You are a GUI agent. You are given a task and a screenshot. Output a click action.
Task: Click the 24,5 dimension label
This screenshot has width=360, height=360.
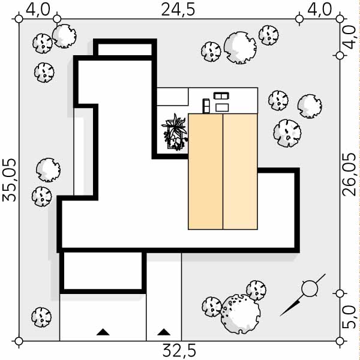click(x=178, y=10)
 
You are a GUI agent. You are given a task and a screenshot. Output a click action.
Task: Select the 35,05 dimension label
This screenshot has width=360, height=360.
click(x=10, y=180)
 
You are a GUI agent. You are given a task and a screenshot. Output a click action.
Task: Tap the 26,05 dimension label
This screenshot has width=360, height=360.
click(x=349, y=175)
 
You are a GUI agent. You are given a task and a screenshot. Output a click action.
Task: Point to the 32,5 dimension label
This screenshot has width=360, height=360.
click(x=179, y=350)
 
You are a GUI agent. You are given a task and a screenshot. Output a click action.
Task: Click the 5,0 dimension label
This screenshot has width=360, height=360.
click(x=349, y=317)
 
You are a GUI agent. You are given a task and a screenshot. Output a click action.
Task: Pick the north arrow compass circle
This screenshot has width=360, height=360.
click(x=310, y=289)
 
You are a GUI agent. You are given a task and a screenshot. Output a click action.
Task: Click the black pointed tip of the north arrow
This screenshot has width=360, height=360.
click(x=281, y=316)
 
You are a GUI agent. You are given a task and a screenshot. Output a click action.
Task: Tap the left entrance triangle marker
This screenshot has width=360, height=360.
click(x=103, y=332)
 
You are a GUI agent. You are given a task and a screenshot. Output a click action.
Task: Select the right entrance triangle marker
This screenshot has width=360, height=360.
click(x=164, y=332)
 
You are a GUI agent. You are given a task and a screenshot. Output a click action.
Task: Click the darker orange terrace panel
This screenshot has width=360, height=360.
click(x=205, y=172)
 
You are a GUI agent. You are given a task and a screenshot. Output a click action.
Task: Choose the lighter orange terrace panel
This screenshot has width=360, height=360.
click(x=240, y=172)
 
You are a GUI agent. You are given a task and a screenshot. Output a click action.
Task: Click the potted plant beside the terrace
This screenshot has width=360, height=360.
click(x=175, y=133)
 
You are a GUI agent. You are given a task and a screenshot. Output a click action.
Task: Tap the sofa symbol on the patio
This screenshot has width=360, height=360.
click(x=221, y=96)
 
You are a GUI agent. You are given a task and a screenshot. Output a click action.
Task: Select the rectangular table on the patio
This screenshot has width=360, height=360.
click(x=222, y=107)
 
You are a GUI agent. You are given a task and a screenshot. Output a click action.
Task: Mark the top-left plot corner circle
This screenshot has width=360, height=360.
click(x=19, y=19)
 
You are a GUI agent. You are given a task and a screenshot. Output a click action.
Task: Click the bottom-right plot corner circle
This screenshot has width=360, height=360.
click(x=340, y=341)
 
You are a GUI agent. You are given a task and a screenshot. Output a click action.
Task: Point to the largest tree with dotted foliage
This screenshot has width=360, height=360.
click(x=241, y=314)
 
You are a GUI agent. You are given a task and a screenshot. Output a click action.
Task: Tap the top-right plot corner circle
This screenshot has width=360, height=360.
click(x=340, y=19)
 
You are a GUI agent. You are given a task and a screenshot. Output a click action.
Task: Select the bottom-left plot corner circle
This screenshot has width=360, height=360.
click(x=19, y=341)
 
